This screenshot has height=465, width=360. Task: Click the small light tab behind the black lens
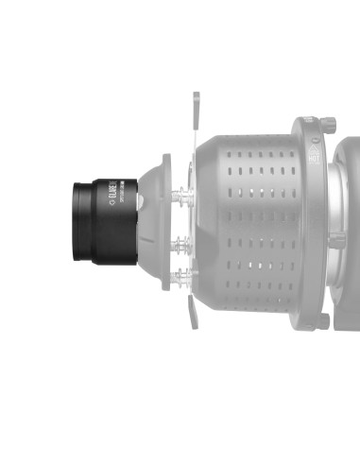[x=140, y=202]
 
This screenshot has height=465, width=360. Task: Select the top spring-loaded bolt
[x=181, y=198]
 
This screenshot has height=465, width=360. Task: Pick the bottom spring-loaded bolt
[x=181, y=277]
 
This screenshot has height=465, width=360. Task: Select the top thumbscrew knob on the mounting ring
[x=327, y=124]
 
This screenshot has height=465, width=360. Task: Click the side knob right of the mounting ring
[x=336, y=242]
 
